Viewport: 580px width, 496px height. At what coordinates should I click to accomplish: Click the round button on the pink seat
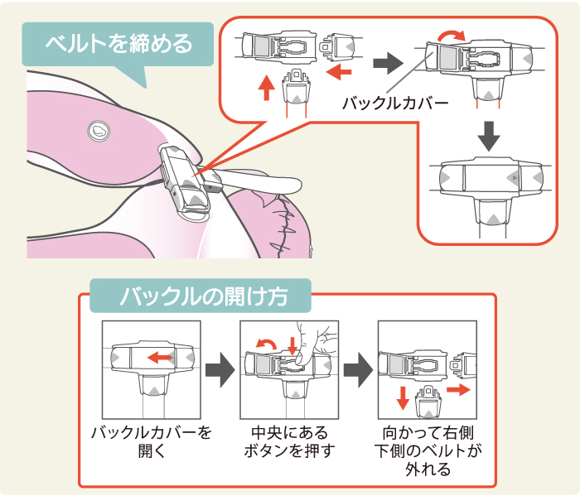pyautogui.click(x=96, y=130)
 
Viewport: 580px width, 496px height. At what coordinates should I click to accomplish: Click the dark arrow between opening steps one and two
pyautogui.click(x=218, y=372)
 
